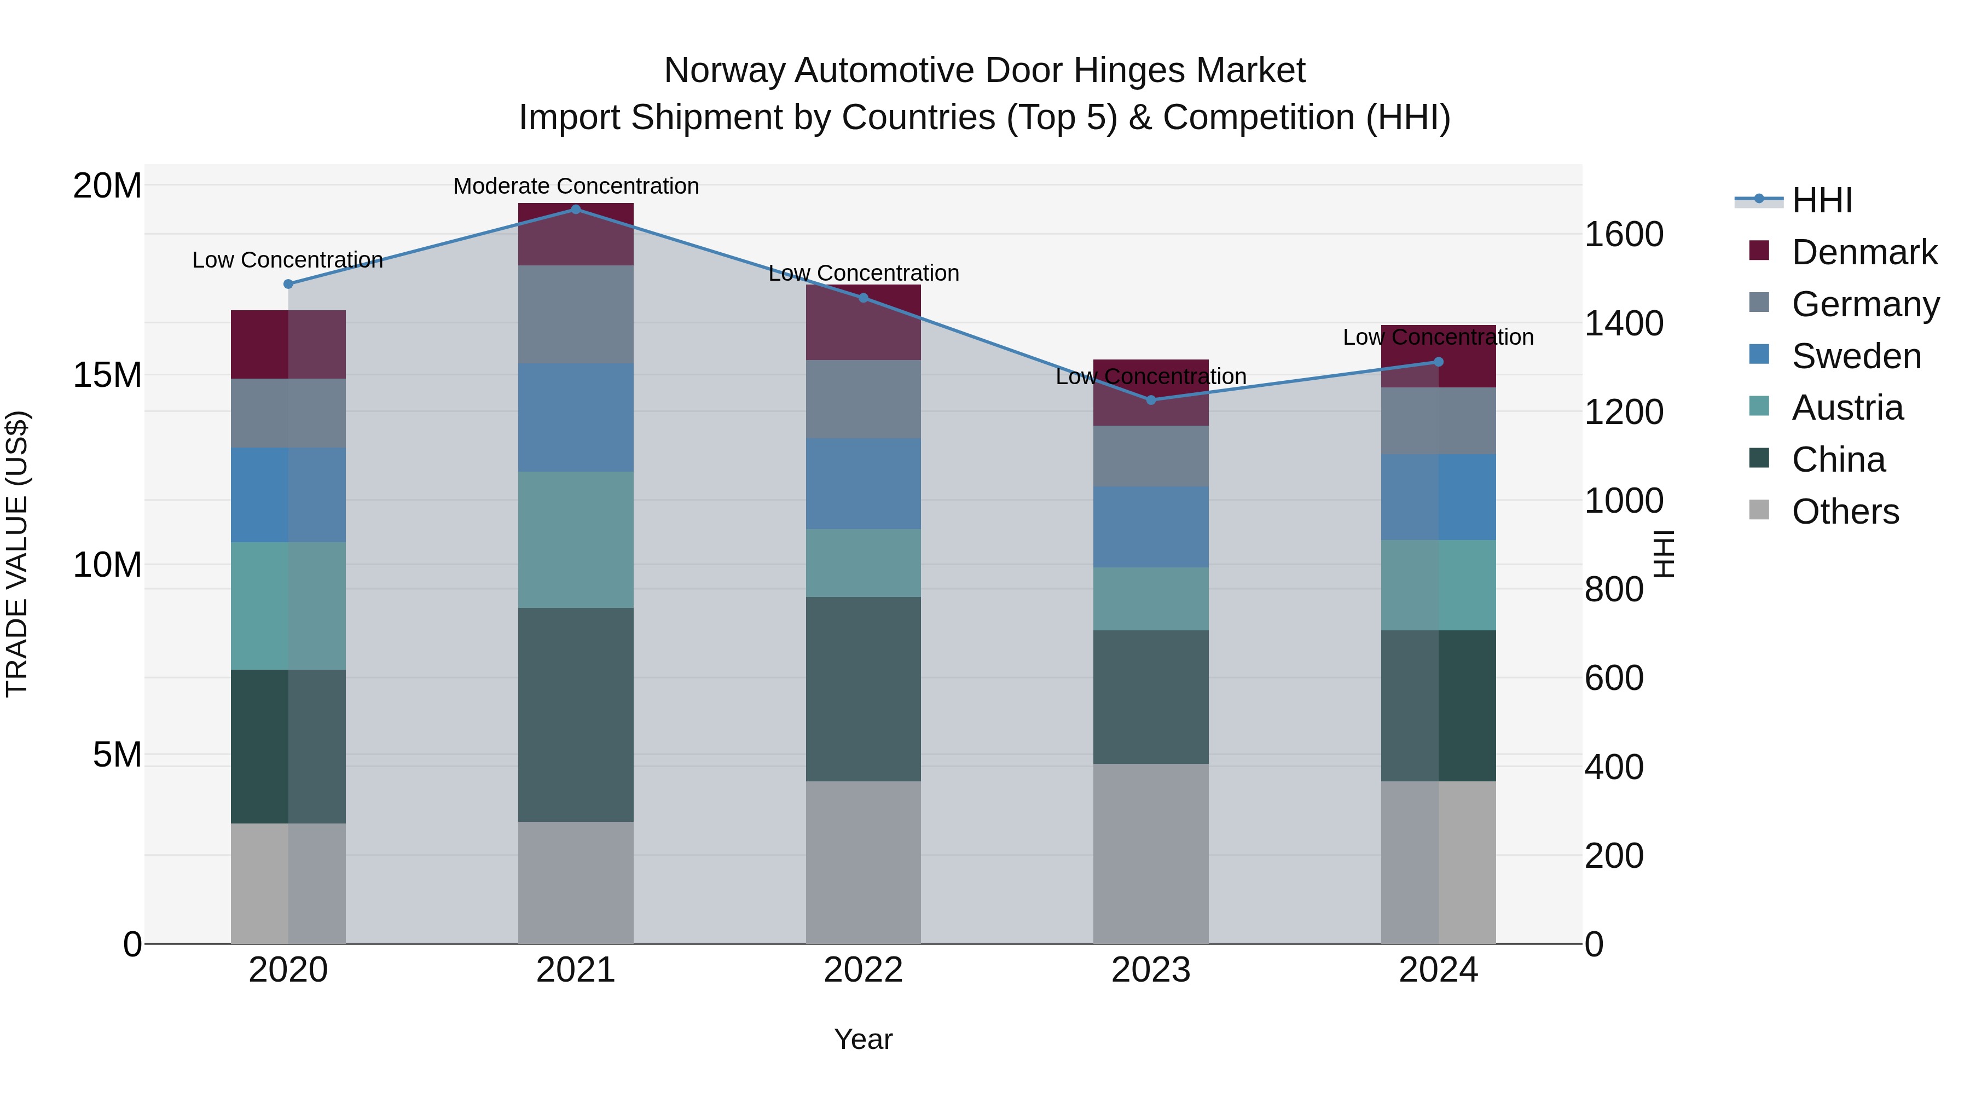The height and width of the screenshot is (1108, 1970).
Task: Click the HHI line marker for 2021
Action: [576, 210]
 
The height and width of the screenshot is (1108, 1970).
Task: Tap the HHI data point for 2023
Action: [1151, 400]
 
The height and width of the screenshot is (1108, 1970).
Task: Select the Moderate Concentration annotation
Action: [576, 186]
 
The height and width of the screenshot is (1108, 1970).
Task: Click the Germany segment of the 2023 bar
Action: [1151, 456]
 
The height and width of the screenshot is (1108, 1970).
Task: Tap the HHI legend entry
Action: [1822, 200]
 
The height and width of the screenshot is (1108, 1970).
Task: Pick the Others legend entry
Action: [1845, 512]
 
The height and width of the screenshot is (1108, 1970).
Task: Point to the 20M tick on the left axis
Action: [107, 186]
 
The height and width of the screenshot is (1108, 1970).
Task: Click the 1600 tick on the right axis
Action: [1623, 234]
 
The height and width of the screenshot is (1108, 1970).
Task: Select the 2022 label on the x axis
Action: [864, 970]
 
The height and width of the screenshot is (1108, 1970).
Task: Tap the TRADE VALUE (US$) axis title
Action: [17, 554]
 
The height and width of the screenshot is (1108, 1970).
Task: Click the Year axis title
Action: [864, 1039]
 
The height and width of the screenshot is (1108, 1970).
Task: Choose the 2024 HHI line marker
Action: [1439, 362]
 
